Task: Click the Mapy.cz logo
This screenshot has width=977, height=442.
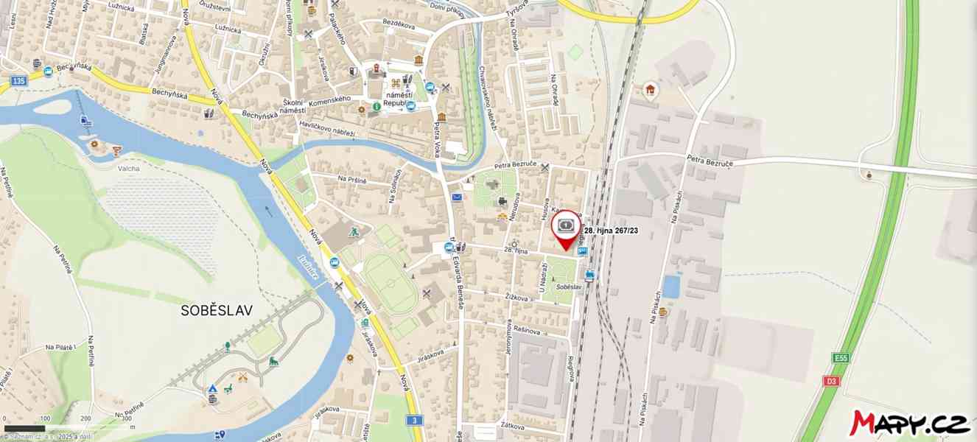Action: click(x=910, y=423)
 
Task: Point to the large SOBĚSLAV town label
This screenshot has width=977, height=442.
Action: click(x=217, y=311)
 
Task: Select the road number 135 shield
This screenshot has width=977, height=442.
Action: click(x=19, y=80)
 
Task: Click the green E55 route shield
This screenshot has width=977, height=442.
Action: click(x=841, y=358)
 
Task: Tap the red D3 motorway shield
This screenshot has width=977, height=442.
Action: click(x=831, y=381)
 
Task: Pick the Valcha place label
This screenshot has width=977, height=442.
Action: click(x=128, y=168)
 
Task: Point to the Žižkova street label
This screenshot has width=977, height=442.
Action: click(x=517, y=298)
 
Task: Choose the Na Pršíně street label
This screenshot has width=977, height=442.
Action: click(x=352, y=179)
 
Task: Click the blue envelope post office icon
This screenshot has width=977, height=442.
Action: click(x=457, y=197)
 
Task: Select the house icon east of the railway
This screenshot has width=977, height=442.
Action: click(x=650, y=90)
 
